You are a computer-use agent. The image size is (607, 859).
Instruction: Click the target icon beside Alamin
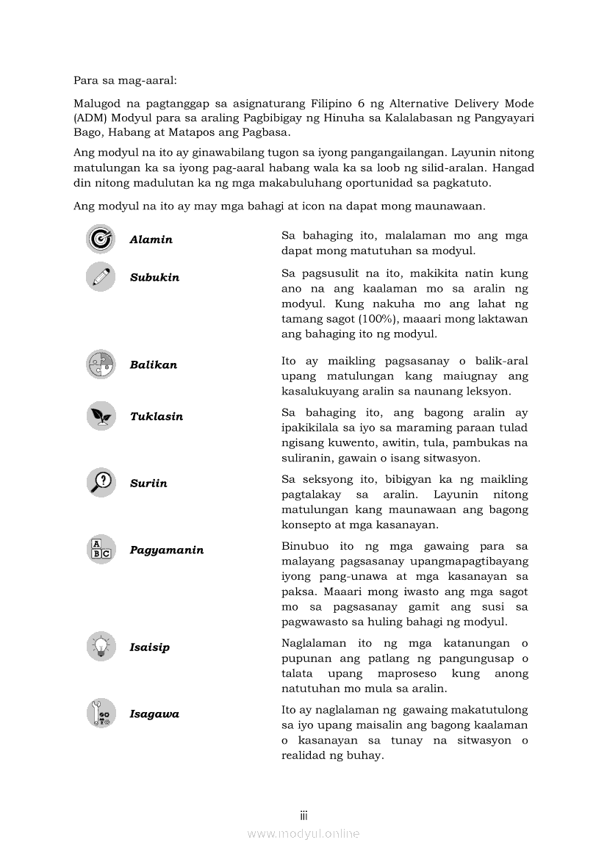coord(101,239)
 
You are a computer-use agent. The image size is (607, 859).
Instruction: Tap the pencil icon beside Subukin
coord(101,277)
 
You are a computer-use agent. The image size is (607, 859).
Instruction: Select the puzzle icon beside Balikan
coord(101,364)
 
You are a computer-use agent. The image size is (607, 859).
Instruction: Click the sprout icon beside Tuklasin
coord(101,416)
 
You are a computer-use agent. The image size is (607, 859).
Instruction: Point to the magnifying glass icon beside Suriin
coord(101,483)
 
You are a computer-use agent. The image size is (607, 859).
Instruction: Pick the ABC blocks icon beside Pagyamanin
coord(101,550)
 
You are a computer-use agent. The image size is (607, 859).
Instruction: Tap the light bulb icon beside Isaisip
coord(101,647)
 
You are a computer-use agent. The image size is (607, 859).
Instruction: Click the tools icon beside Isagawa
coord(101,714)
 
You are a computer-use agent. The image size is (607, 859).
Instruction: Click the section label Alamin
coord(151,240)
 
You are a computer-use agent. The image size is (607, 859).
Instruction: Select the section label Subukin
coord(154,278)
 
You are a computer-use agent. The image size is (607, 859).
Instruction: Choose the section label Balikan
coord(154,365)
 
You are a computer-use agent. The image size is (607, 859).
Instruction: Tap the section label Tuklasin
coord(157,417)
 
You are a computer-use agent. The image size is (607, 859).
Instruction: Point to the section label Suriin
coord(148,484)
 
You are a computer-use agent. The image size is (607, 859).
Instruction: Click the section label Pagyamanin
coord(167,550)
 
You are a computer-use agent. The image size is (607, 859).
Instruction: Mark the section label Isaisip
coord(150,647)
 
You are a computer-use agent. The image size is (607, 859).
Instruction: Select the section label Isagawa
coord(154,714)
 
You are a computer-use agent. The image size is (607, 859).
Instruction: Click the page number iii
coord(303,816)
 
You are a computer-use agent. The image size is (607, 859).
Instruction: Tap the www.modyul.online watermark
coord(303,833)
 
